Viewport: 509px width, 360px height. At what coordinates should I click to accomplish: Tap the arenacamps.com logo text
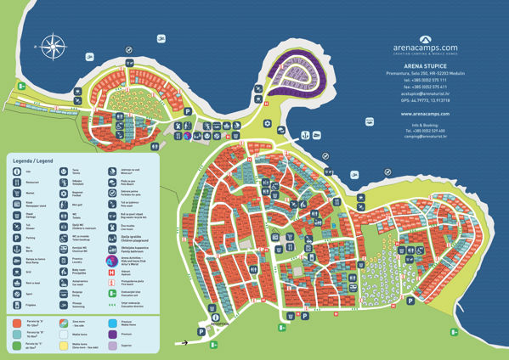coord(426,48)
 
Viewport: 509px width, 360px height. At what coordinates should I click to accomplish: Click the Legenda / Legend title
coord(33,160)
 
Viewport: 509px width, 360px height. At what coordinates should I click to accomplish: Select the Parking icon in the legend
coord(16,239)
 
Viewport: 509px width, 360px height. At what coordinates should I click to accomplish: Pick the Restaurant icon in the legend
coord(16,181)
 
